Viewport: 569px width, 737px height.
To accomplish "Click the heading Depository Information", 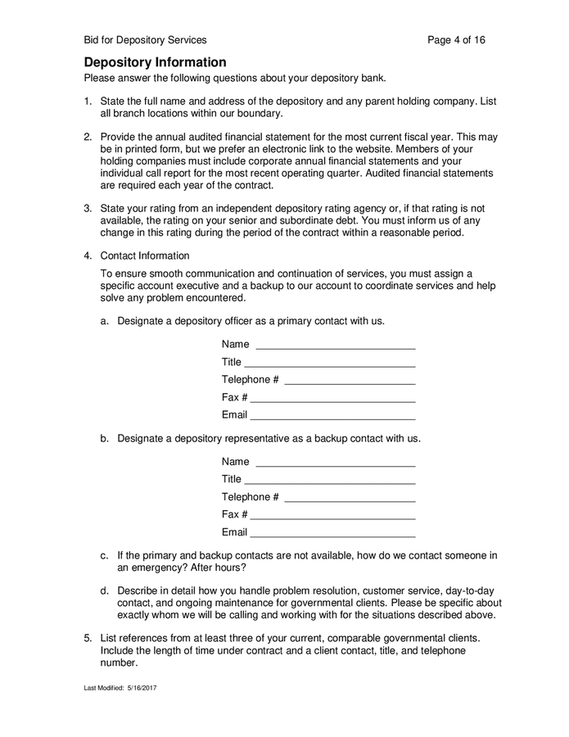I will tap(155, 62).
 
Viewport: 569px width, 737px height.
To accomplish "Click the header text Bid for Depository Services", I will tap(145, 39).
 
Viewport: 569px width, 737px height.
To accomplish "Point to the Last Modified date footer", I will tap(120, 688).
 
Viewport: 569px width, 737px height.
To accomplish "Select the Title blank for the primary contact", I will tap(330, 363).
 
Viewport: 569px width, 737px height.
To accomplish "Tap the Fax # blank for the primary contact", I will tap(332, 398).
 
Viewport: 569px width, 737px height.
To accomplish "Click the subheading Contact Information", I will tap(144, 255).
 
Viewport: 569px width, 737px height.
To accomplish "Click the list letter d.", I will tap(104, 590).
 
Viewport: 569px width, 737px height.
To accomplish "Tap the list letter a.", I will tap(104, 321).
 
